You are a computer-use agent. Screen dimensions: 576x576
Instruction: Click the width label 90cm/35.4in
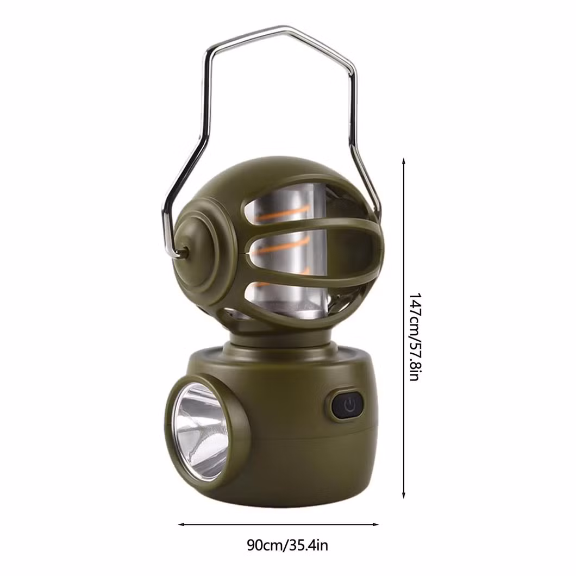287,545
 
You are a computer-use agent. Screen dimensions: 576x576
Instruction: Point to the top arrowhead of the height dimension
404,161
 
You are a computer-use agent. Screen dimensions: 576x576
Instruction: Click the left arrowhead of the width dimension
181,524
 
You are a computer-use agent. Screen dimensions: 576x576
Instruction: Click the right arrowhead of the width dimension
375,524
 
